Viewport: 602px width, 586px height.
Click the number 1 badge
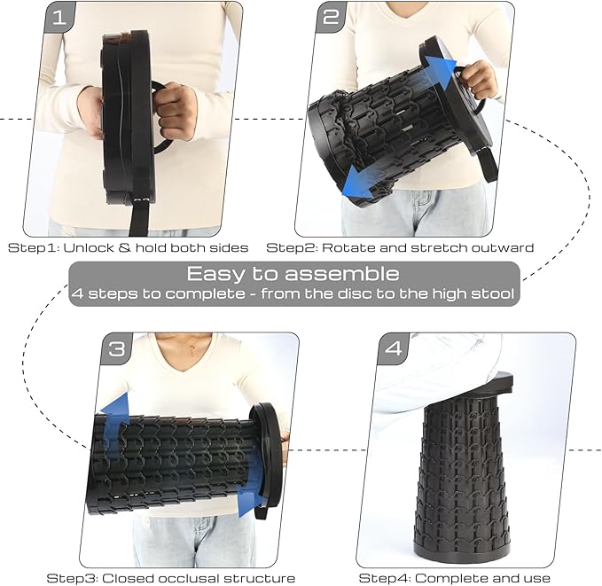59,17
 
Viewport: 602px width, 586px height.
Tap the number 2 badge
331,17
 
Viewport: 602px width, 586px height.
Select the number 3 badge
116,348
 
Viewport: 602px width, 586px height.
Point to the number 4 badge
394,348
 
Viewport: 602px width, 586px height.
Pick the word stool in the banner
493,293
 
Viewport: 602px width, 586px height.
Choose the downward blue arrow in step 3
249,488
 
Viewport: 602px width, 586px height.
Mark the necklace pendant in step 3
192,348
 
